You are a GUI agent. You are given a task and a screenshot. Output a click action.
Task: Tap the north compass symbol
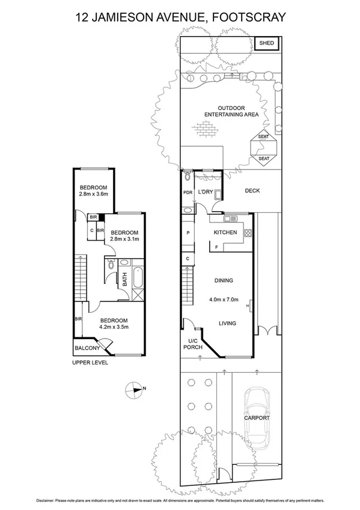pos(135,389)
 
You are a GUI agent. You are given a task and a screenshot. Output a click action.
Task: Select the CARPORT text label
pos(257,417)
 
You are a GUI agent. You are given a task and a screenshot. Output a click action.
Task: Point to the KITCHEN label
pos(225,233)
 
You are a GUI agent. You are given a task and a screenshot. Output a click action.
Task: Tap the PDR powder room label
pos(188,192)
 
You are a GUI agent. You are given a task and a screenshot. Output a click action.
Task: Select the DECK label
pos(252,191)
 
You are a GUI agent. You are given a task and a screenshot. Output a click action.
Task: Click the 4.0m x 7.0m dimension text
pos(224,300)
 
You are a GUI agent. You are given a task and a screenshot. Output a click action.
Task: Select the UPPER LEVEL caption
pos(90,363)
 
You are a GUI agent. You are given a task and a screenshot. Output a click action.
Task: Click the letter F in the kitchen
pos(216,247)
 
